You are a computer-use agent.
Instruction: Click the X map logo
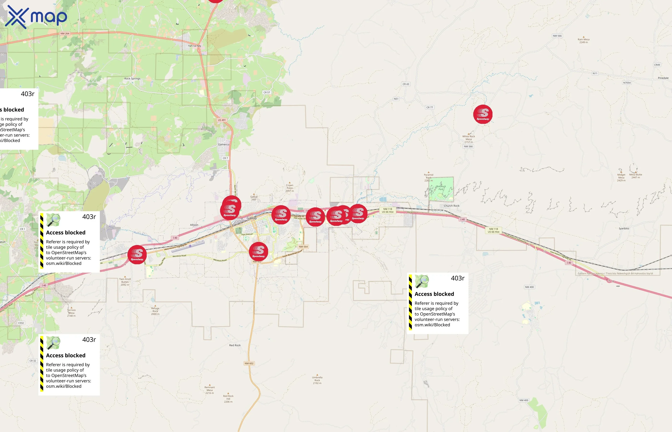(36, 17)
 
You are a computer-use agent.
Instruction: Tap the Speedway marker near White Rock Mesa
(483, 114)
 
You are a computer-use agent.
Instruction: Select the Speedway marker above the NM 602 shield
(258, 251)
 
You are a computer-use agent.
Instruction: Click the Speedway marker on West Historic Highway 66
(137, 254)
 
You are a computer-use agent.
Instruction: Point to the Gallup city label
(252, 218)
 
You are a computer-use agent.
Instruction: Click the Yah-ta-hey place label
(195, 46)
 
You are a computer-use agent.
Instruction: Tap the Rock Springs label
(132, 78)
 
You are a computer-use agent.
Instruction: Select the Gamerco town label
(223, 144)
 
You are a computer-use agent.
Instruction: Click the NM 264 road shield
(65, 33)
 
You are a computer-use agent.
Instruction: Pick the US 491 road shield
(222, 120)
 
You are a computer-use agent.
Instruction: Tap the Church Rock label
(451, 206)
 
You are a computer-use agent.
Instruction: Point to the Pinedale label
(663, 78)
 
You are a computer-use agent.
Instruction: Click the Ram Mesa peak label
(583, 41)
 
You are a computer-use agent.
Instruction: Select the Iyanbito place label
(624, 228)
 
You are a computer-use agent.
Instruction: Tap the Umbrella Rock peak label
(317, 380)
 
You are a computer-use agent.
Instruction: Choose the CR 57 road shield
(266, 92)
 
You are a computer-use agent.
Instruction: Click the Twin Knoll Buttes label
(125, 282)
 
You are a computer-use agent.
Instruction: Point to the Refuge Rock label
(155, 311)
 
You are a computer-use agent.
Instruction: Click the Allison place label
(194, 225)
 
